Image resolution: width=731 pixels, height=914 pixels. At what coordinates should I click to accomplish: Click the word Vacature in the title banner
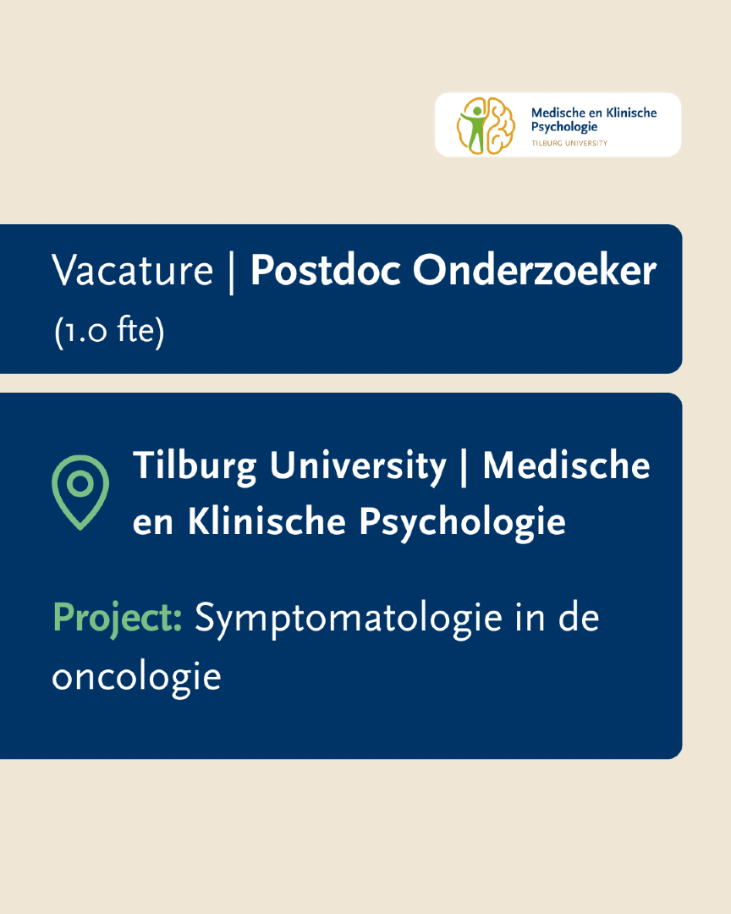tap(132, 271)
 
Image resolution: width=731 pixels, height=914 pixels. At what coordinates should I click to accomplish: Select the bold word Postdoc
tap(326, 271)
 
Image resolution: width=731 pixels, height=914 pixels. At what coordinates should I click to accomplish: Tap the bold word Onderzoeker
tap(535, 271)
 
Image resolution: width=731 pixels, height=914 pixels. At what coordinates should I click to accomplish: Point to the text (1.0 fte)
tap(109, 331)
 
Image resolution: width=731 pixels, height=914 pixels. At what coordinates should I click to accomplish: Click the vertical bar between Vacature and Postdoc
tap(232, 273)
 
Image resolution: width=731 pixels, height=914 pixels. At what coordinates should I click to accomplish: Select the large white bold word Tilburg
tap(195, 467)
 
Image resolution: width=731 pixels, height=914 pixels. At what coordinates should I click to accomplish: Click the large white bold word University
tap(358, 467)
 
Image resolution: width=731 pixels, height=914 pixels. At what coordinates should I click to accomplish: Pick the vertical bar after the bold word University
tap(464, 467)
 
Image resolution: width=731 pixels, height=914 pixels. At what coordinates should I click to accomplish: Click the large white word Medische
tap(566, 465)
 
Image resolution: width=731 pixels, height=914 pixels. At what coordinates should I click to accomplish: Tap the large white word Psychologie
tap(462, 523)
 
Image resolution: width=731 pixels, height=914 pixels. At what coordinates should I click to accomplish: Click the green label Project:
tap(117, 619)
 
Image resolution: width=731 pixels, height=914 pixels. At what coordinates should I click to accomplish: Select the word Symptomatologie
tap(348, 619)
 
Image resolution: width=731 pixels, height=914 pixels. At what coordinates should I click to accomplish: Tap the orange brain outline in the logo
tap(501, 125)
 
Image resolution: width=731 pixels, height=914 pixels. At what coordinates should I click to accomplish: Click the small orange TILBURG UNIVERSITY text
tap(569, 143)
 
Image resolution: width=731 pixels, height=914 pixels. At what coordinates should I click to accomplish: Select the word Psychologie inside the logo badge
tap(564, 128)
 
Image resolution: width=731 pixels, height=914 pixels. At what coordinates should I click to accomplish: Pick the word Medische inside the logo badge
tap(558, 113)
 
